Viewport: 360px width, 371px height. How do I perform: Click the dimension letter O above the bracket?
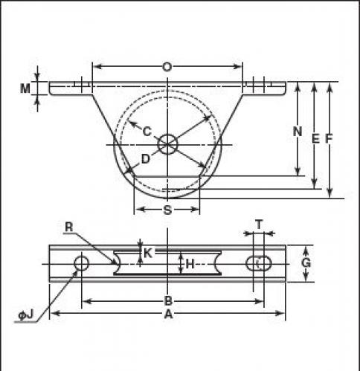click(167, 67)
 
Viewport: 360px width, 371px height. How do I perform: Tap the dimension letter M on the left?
click(25, 88)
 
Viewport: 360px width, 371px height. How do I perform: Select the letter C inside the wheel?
click(147, 131)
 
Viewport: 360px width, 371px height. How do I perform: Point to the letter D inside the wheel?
click(146, 159)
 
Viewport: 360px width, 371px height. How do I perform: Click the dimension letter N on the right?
click(298, 132)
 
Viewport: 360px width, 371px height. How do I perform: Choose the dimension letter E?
click(315, 138)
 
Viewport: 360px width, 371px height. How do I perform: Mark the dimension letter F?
click(329, 138)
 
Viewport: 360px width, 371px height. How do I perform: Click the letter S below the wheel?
click(168, 210)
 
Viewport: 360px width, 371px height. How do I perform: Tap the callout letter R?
click(69, 227)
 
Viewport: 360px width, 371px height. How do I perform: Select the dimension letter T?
click(259, 225)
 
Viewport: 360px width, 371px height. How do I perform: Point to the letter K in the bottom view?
click(148, 254)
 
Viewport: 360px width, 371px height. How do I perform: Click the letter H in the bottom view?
click(190, 264)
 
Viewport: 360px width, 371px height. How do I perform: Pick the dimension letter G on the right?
click(306, 262)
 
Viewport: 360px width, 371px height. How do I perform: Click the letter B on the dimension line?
click(168, 301)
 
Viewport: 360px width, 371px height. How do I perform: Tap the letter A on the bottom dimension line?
click(168, 314)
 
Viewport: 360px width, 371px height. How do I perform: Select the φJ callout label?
click(26, 314)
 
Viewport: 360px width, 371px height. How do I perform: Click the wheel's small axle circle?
click(168, 144)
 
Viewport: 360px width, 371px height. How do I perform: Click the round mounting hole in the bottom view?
click(82, 263)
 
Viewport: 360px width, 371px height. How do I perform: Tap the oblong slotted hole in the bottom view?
click(259, 263)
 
